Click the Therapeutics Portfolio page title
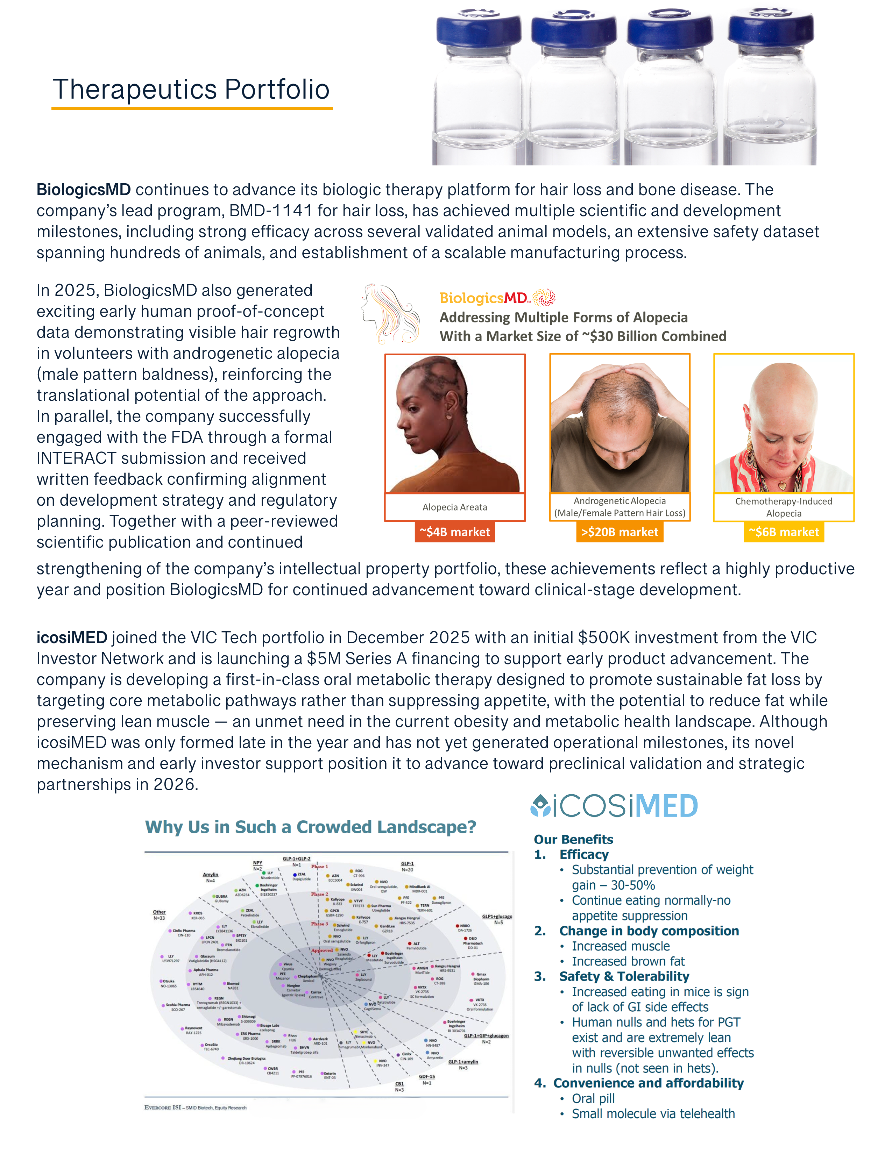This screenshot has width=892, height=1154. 191,89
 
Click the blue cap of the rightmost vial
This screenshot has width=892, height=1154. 771,31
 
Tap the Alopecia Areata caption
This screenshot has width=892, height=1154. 454,507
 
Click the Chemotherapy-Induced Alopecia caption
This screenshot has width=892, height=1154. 784,507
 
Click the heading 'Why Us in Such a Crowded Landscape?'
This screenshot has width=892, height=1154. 311,827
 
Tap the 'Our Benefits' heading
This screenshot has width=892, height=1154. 573,840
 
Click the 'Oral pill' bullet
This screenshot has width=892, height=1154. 593,1098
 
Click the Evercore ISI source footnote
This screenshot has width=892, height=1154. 196,1107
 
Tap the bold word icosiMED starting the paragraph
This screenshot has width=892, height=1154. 72,638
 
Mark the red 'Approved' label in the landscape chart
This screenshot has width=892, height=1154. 322,950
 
